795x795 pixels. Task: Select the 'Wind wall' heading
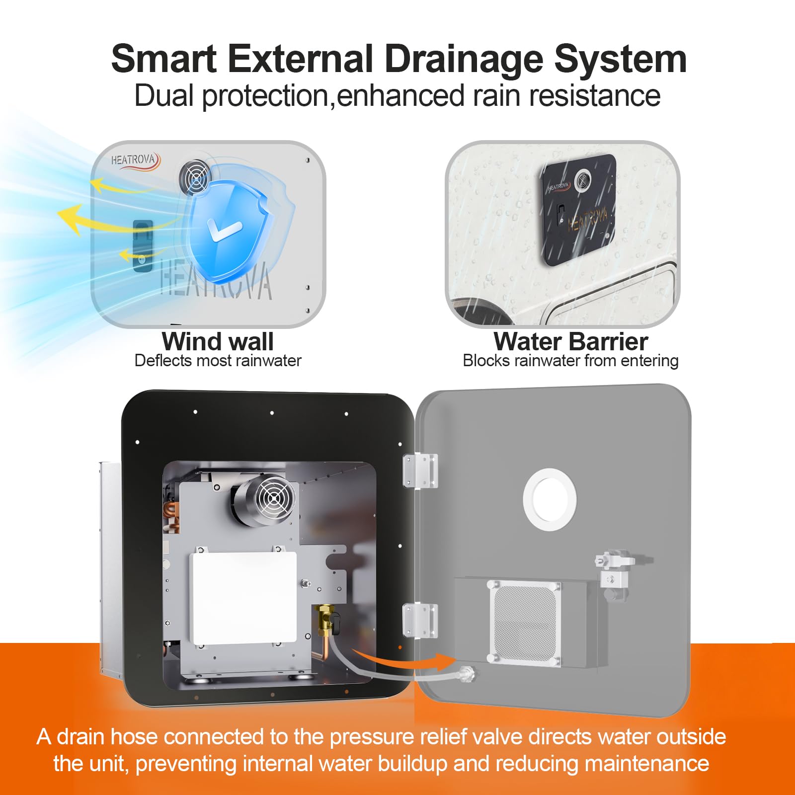click(218, 341)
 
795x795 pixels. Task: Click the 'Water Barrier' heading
click(570, 341)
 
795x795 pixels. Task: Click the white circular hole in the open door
click(550, 499)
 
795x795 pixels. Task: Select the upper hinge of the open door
click(420, 471)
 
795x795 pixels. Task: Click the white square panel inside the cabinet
click(243, 598)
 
